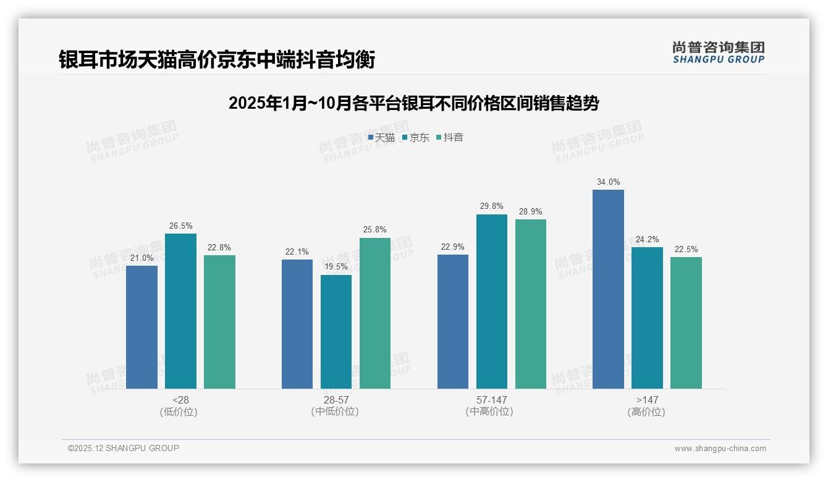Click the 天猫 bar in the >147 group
click(608, 289)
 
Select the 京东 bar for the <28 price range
click(180, 311)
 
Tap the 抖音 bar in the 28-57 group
click(375, 313)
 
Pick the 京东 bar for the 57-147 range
click(492, 302)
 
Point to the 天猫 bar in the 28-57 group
click(297, 324)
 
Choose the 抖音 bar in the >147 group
click(686, 323)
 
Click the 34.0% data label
click(608, 182)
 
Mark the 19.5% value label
click(336, 267)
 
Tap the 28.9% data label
click(531, 211)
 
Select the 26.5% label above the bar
click(180, 226)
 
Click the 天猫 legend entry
click(381, 138)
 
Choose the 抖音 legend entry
click(450, 138)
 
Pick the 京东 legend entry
click(415, 138)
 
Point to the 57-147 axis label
click(492, 400)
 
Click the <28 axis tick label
click(180, 400)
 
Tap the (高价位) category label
click(647, 412)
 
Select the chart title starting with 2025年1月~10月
click(413, 103)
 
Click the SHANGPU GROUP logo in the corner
click(719, 53)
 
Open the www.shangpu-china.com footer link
click(720, 449)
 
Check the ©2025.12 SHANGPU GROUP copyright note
click(124, 448)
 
